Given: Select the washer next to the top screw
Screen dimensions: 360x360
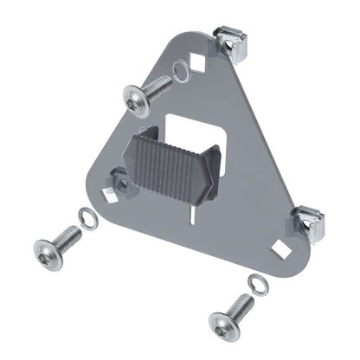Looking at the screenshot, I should click(x=179, y=72).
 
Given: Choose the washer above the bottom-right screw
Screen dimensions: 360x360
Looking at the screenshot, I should click(x=254, y=283).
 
